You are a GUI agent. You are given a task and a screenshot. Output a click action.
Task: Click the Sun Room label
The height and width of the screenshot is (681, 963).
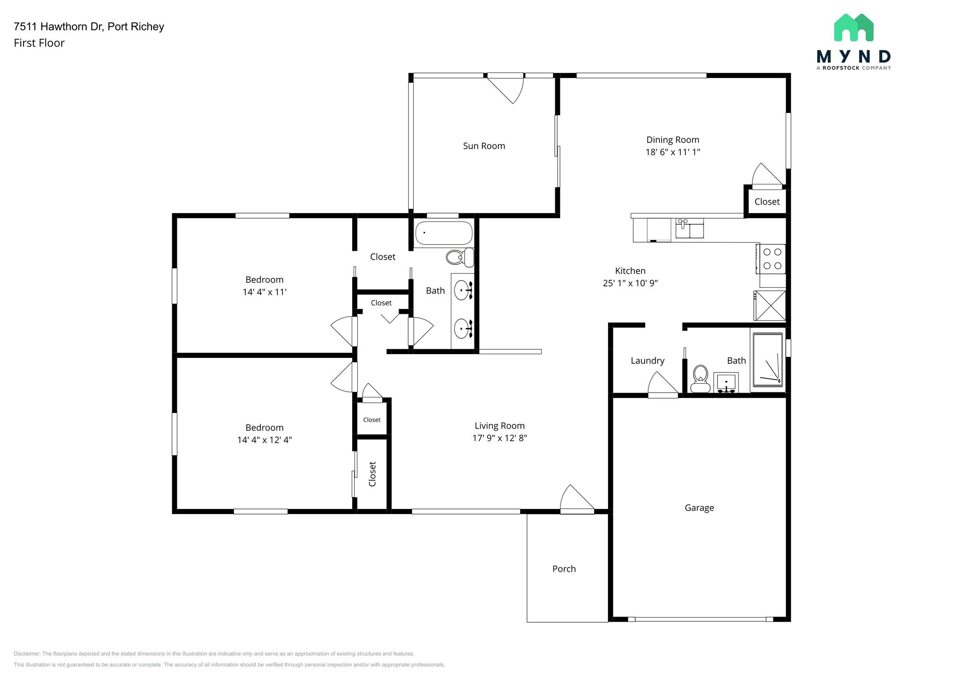[x=484, y=146]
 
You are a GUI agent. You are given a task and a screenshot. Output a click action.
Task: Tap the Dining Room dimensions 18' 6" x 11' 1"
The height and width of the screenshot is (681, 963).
[x=672, y=152]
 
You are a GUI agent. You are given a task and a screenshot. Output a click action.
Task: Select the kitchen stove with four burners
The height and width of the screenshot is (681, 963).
[x=772, y=259]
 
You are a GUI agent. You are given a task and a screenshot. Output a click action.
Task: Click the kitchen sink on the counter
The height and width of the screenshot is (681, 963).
[x=689, y=229]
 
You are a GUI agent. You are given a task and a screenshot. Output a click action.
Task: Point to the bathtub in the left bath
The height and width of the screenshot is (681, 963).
[x=443, y=233]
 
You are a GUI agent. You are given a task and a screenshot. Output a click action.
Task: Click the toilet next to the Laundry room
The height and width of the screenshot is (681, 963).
[x=701, y=379]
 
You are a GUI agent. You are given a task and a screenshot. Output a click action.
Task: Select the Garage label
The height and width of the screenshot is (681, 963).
[x=699, y=508]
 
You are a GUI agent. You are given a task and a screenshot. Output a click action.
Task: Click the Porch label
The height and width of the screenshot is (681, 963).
[x=564, y=569]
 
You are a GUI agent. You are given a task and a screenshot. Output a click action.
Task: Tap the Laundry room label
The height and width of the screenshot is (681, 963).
[x=647, y=361]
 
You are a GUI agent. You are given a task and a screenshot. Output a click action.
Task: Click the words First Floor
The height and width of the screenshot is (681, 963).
[x=39, y=43]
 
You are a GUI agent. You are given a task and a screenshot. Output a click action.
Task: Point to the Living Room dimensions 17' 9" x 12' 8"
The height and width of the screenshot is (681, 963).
[x=499, y=438]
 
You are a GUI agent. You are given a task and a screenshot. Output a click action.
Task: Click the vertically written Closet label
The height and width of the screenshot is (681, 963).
[x=372, y=474]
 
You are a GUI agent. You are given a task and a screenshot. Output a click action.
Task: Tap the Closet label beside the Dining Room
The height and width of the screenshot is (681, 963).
[x=767, y=202]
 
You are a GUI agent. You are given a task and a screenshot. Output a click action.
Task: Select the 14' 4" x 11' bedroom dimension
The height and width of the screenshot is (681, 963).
[x=264, y=292]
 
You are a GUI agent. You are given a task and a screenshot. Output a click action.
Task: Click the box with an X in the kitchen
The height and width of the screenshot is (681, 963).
[x=770, y=306]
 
